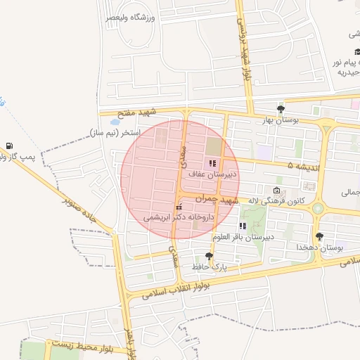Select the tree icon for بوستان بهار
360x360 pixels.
[x=281, y=109]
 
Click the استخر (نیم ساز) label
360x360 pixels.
[x=116, y=132]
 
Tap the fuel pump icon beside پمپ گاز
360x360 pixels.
[x=8, y=146]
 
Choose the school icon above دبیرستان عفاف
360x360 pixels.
[x=212, y=163]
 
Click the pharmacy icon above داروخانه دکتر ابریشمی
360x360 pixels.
[x=179, y=207]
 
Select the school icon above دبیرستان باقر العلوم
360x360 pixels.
[x=243, y=226]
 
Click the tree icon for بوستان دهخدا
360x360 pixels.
[x=320, y=236]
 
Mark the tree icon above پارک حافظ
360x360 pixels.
[x=208, y=256]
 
